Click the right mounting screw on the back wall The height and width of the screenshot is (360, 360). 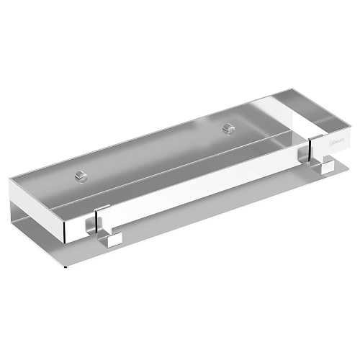230,129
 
